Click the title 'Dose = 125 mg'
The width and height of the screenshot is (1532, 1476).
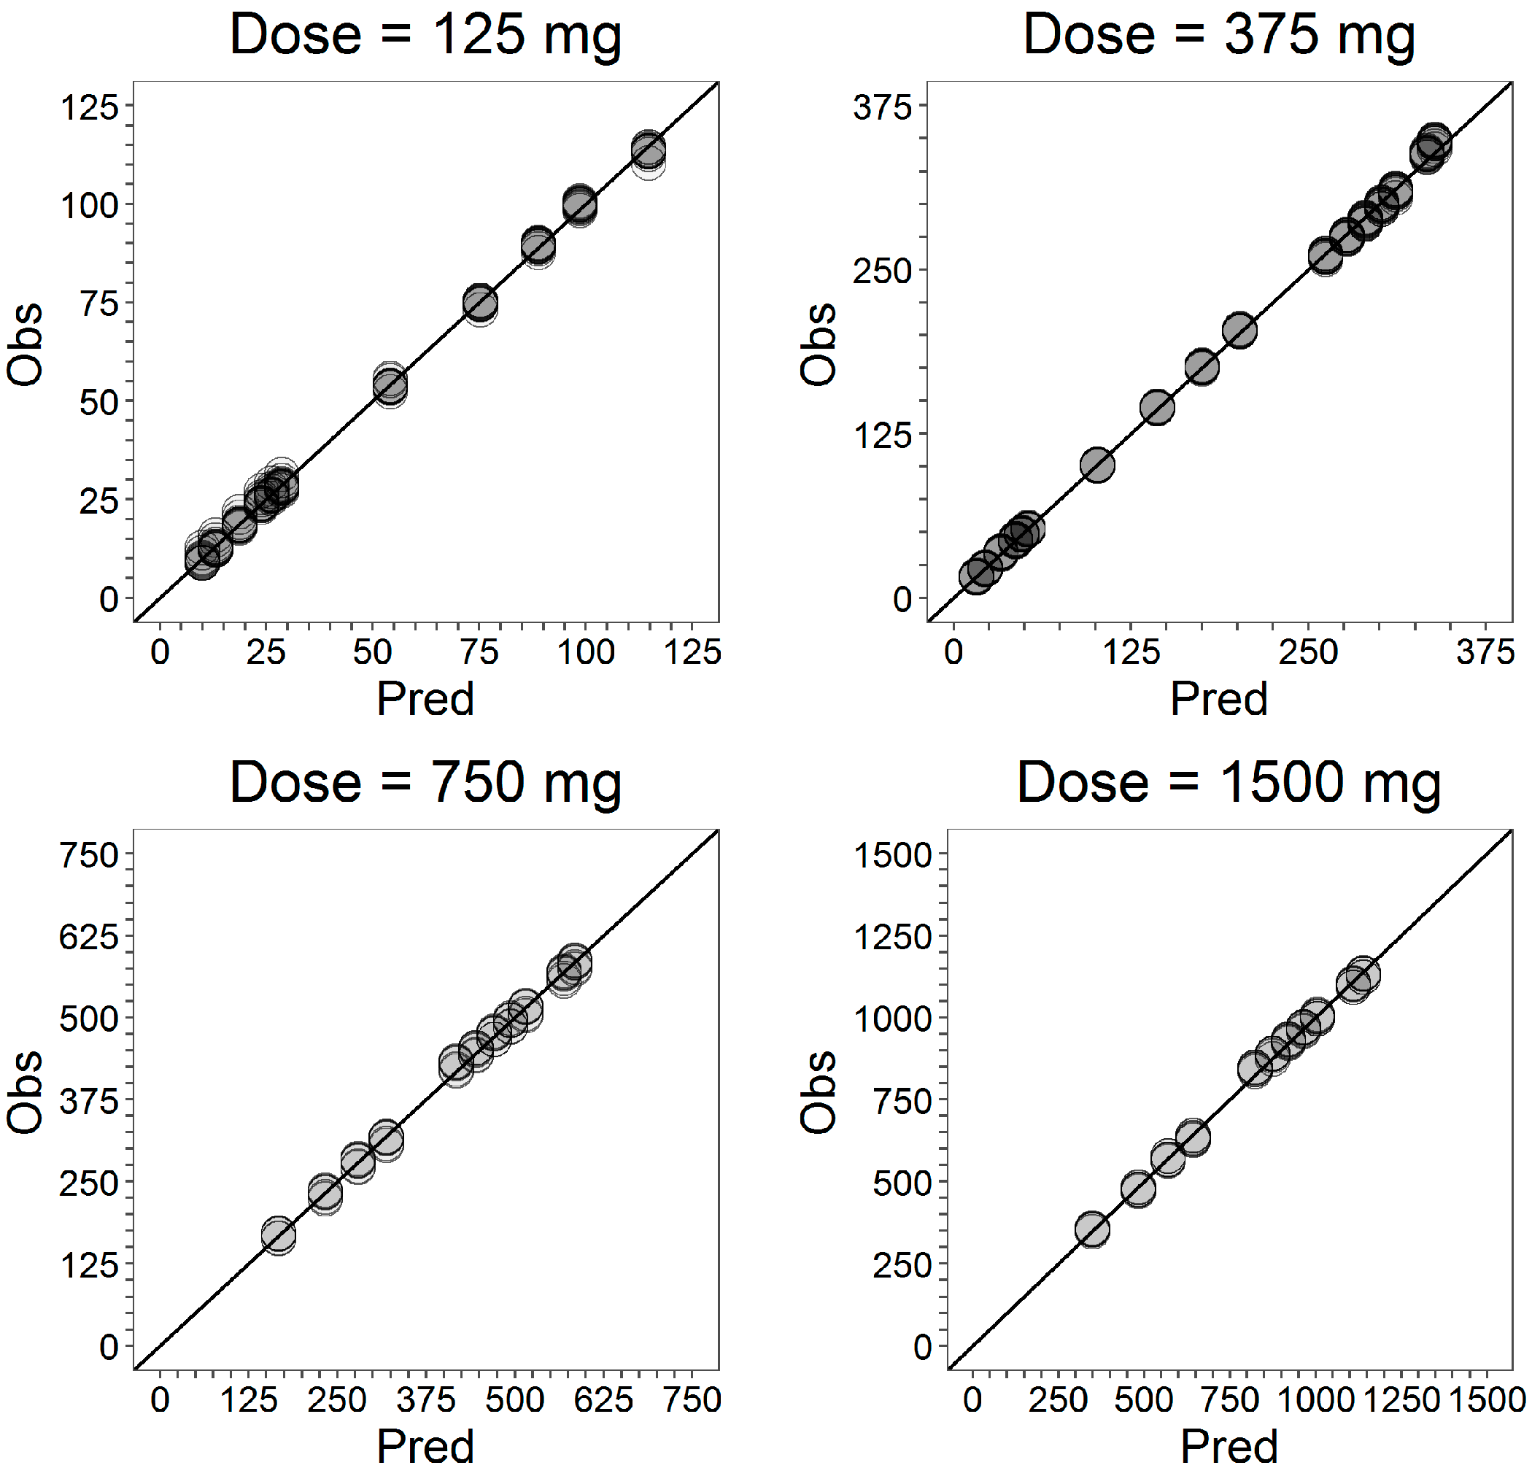coord(425,35)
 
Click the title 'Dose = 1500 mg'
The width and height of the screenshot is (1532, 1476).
coord(1229,783)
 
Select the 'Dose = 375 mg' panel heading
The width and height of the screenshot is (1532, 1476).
coord(1218,35)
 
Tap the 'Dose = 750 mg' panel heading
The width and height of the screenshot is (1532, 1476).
coord(425,783)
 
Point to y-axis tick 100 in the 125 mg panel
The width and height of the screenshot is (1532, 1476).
coord(89,206)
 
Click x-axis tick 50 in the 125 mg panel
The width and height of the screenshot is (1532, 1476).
coord(372,652)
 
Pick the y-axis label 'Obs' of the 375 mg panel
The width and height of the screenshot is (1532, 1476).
coord(818,344)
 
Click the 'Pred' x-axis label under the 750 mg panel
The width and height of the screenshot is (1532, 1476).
coord(425,1446)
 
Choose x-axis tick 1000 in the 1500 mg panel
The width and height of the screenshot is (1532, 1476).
coord(1315,1399)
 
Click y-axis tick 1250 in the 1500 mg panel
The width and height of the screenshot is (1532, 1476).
coord(893,937)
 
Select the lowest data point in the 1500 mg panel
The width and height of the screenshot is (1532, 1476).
coord(1092,1229)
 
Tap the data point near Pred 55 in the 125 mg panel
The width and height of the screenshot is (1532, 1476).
coord(390,385)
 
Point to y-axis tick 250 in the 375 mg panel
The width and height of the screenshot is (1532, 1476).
coord(882,271)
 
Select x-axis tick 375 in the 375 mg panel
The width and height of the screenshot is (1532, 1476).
coord(1485,652)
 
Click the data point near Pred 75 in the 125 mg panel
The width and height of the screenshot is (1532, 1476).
coord(480,304)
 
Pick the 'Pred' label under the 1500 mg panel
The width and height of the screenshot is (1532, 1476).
coord(1229,1446)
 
